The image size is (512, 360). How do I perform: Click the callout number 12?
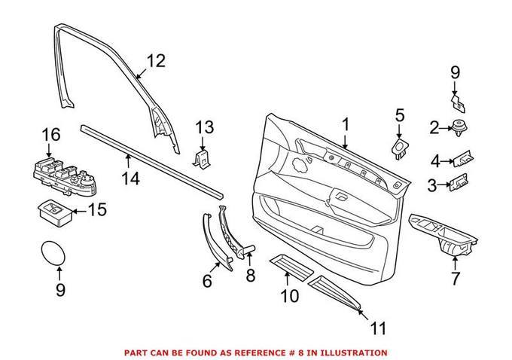click(x=155, y=61)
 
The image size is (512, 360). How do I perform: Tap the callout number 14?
click(x=131, y=178)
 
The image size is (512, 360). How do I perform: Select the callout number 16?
click(x=50, y=135)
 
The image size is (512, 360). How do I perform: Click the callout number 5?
click(x=400, y=115)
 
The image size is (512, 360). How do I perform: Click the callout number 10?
click(x=290, y=297)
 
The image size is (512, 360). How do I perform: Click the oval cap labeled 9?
click(x=52, y=254)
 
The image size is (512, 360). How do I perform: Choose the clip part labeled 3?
click(x=459, y=183)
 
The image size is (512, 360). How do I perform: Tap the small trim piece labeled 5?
click(x=400, y=146)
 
